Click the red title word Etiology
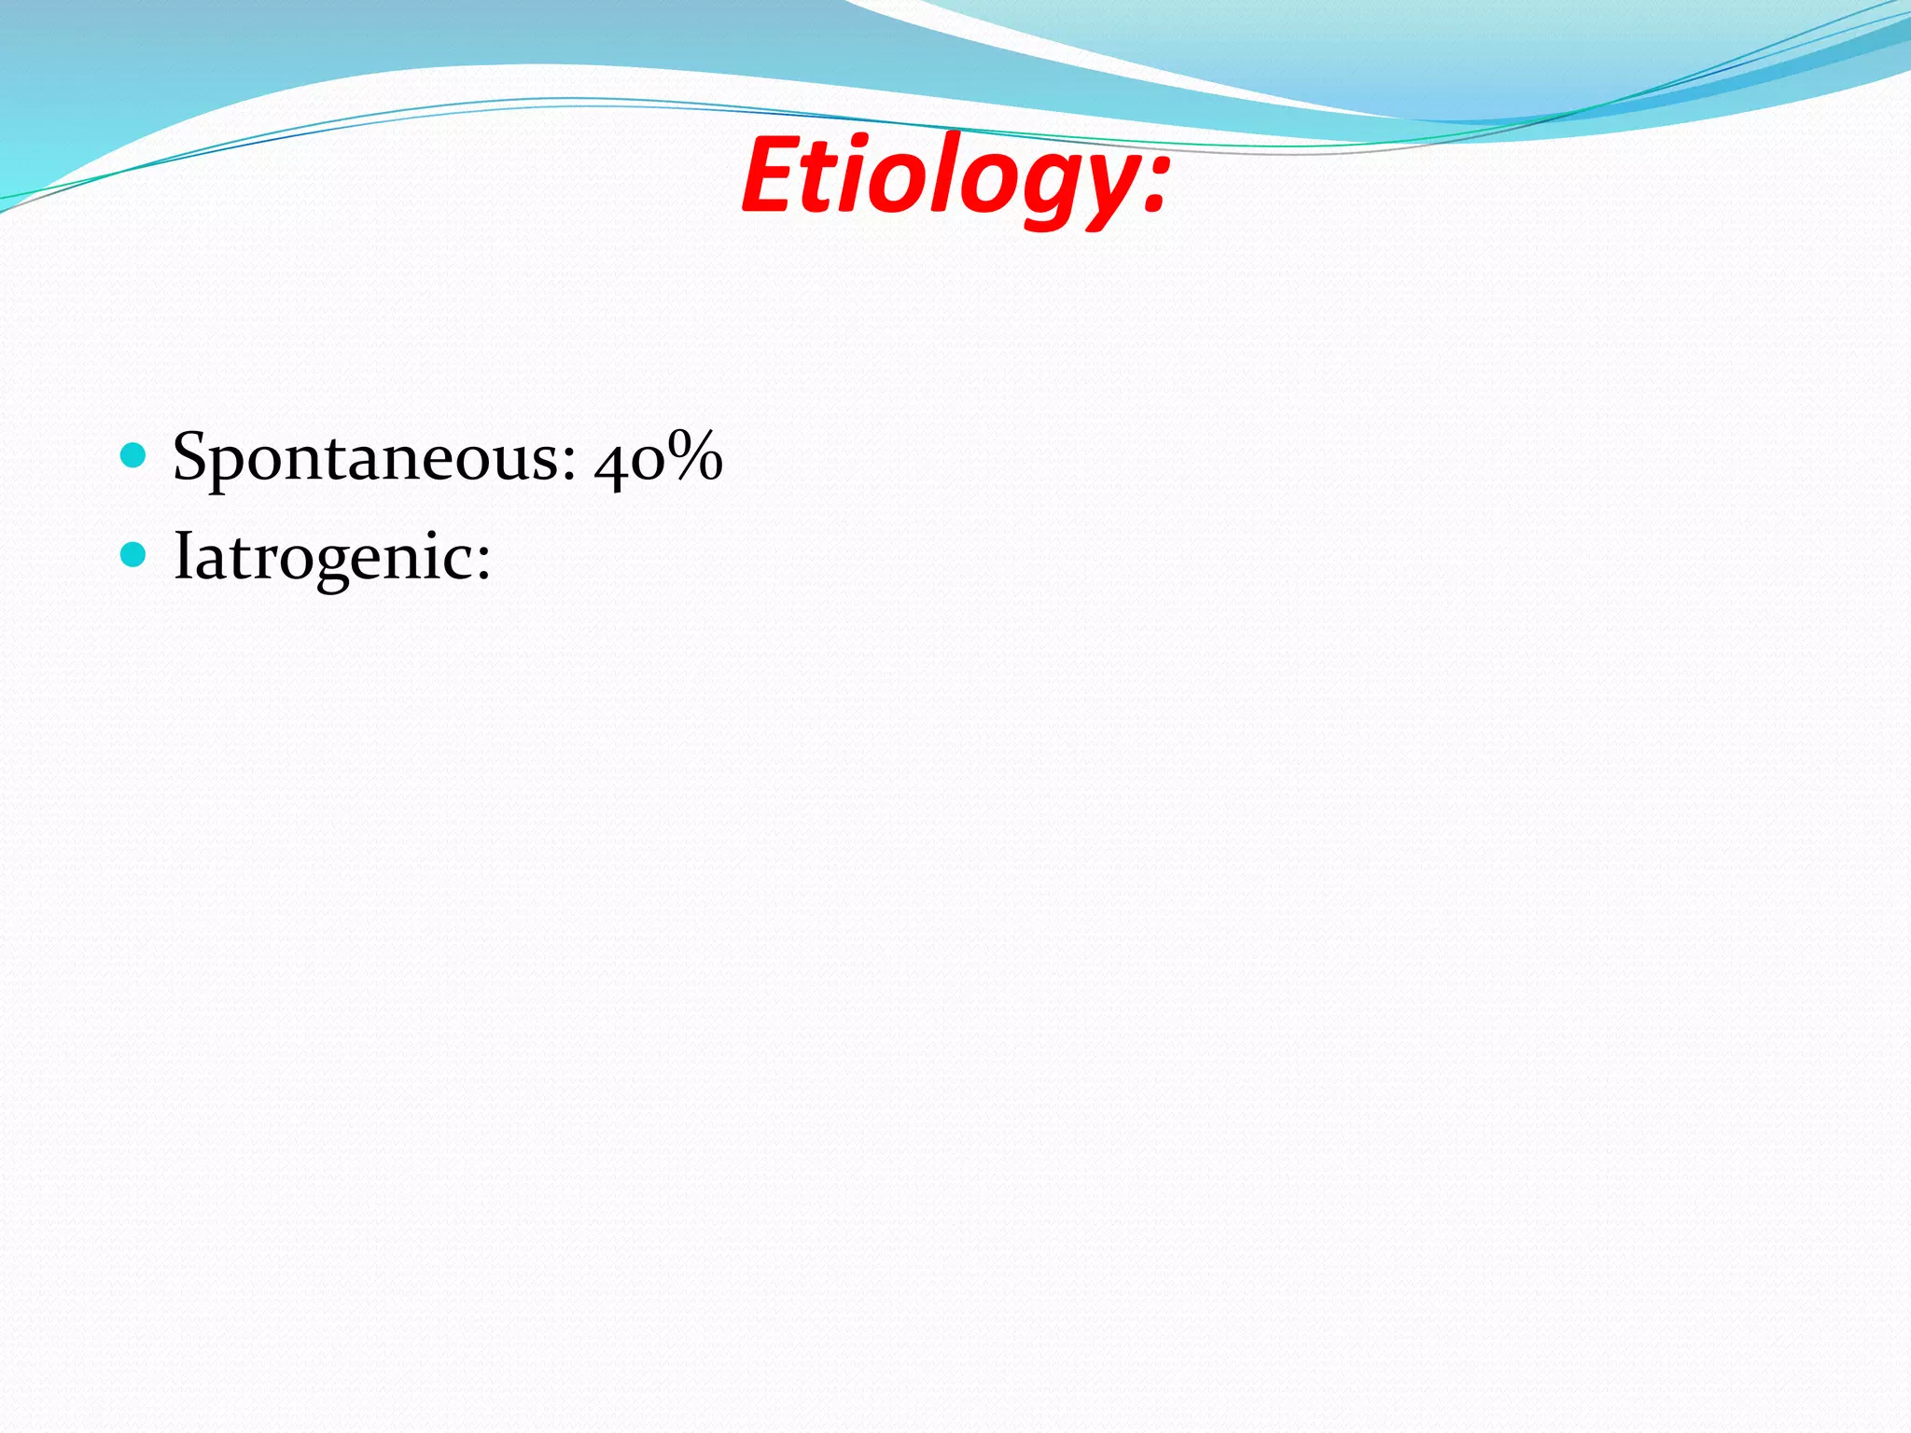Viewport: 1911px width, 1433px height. coord(954,175)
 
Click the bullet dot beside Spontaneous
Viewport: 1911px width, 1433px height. coord(134,456)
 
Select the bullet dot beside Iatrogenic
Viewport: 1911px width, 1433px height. coord(134,555)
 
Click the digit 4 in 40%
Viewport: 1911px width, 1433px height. coord(611,462)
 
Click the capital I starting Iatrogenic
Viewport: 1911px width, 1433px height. coord(183,555)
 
